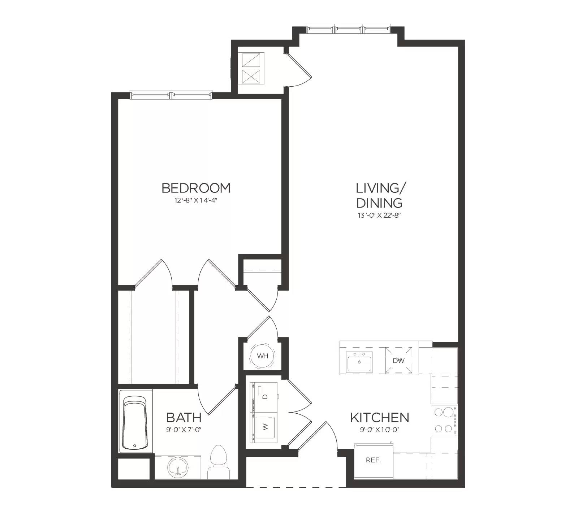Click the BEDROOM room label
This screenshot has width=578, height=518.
196,188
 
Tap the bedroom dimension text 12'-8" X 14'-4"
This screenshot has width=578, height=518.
196,200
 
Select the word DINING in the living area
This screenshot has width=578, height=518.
379,203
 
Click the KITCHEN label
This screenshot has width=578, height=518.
380,418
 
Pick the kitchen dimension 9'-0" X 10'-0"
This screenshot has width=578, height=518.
380,430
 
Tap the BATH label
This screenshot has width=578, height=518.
184,418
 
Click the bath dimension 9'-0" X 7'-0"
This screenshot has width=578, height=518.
184,430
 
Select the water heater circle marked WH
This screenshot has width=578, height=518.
263,356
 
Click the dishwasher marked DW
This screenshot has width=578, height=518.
399,360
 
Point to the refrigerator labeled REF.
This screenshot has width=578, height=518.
374,460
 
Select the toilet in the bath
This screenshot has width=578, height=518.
218,463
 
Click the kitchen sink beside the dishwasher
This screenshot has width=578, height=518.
360,362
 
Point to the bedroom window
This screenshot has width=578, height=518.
171,95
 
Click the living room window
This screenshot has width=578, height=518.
348,29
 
